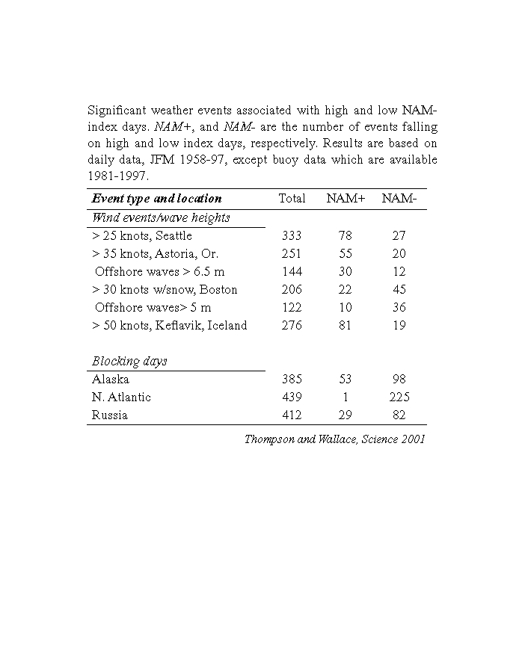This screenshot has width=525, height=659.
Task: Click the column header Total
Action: coord(292,199)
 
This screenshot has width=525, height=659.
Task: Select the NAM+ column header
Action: coord(346,199)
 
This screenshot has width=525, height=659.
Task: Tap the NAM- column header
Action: coord(399,199)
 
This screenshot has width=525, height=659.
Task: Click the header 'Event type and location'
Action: coord(156,199)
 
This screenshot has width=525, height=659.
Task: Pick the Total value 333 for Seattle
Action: coord(292,235)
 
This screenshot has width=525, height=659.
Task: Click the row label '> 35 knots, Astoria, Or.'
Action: coord(155,253)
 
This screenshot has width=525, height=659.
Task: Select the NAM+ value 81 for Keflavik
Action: coord(346,325)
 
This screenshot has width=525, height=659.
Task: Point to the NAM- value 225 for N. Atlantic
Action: coord(399,397)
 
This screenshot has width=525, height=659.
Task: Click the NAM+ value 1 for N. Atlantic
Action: coord(346,397)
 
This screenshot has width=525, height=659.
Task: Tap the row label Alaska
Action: coord(110,379)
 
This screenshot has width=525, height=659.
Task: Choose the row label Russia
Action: coord(109,415)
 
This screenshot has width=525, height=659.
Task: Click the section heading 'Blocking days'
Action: coord(129,361)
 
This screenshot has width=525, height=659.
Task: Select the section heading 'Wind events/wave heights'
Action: coord(161,217)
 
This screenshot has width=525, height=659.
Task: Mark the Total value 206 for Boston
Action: coord(292,289)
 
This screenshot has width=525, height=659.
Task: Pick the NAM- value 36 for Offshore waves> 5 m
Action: coord(399,307)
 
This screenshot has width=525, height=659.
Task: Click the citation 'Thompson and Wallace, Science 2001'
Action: coord(334,439)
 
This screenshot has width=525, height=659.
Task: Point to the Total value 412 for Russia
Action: coord(292,415)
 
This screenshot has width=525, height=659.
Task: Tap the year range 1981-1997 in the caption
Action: coord(118,176)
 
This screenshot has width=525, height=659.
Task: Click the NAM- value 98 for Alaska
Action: coord(399,379)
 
